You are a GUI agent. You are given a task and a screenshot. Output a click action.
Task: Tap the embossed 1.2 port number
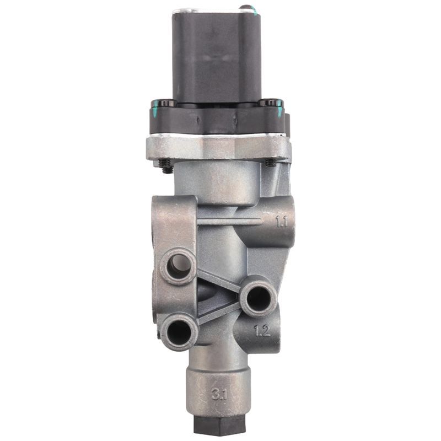click(262, 330)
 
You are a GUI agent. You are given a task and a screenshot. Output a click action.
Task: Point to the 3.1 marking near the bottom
click(219, 395)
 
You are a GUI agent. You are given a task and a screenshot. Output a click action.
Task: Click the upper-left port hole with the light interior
click(178, 266)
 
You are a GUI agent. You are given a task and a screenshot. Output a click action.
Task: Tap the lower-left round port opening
click(179, 332)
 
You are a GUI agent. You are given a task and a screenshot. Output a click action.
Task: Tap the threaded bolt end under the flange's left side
click(166, 166)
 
